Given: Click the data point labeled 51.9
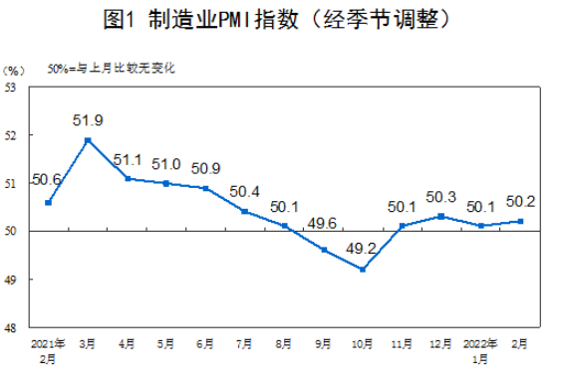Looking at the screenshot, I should pyautogui.click(x=88, y=139).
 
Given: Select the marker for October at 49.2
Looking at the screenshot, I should pyautogui.click(x=362, y=270).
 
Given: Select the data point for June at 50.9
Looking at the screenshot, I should pyautogui.click(x=205, y=188).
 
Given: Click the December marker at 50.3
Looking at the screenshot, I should pyautogui.click(x=439, y=216).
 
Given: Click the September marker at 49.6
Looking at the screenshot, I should pyautogui.click(x=323, y=250).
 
